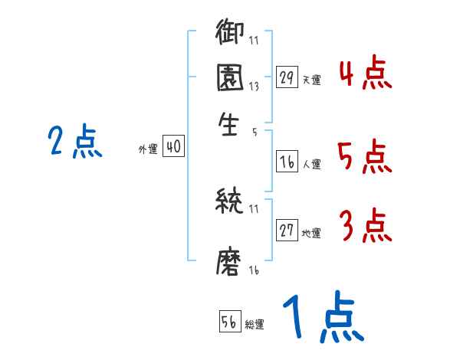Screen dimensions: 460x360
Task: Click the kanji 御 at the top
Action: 230,34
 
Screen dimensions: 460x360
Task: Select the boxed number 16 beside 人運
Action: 287,162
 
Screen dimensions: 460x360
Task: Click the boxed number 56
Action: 229,322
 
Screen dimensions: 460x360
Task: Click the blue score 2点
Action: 75,142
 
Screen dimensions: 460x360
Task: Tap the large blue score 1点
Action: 321,319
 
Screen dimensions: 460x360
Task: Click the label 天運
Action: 311,80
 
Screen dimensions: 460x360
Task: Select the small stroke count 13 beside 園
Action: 255,87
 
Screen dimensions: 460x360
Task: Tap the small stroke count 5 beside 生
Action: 254,133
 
